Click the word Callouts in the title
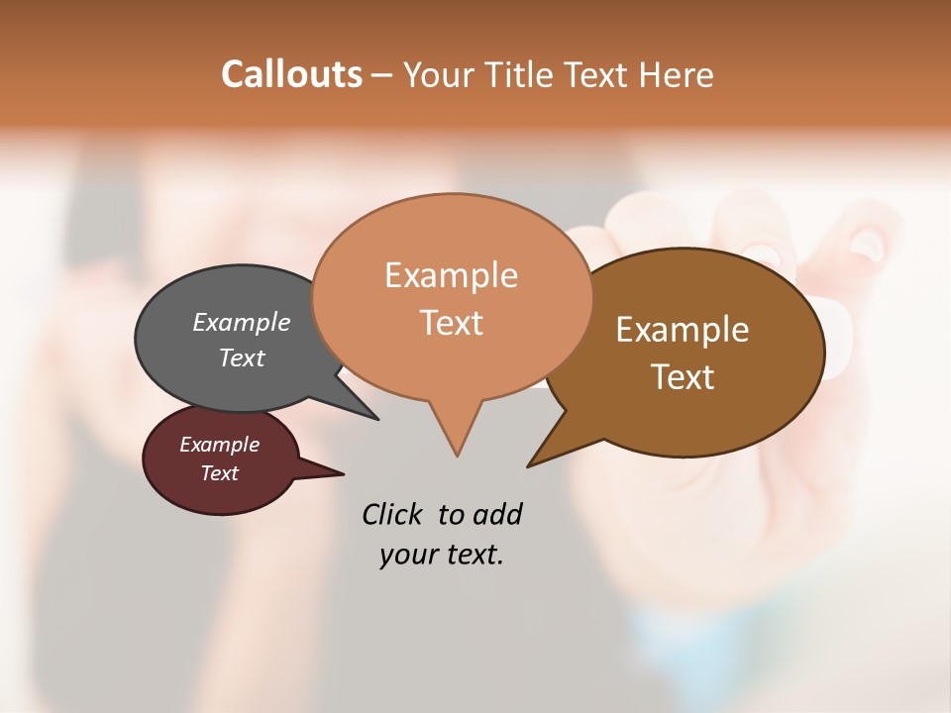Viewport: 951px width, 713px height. click(x=291, y=74)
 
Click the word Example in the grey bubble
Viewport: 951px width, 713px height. click(x=242, y=322)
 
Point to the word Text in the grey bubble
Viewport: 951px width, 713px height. click(x=242, y=357)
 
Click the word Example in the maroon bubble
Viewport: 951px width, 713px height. click(x=219, y=445)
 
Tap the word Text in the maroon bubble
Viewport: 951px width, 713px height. click(x=219, y=473)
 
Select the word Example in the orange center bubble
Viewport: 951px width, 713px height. click(x=451, y=275)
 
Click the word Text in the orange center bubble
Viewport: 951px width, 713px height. click(x=451, y=323)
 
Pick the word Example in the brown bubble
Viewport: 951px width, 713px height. click(x=683, y=330)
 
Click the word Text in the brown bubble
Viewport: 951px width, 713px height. click(x=683, y=377)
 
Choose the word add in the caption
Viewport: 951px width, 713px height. click(x=496, y=515)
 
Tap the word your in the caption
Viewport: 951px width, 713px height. click(x=407, y=555)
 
